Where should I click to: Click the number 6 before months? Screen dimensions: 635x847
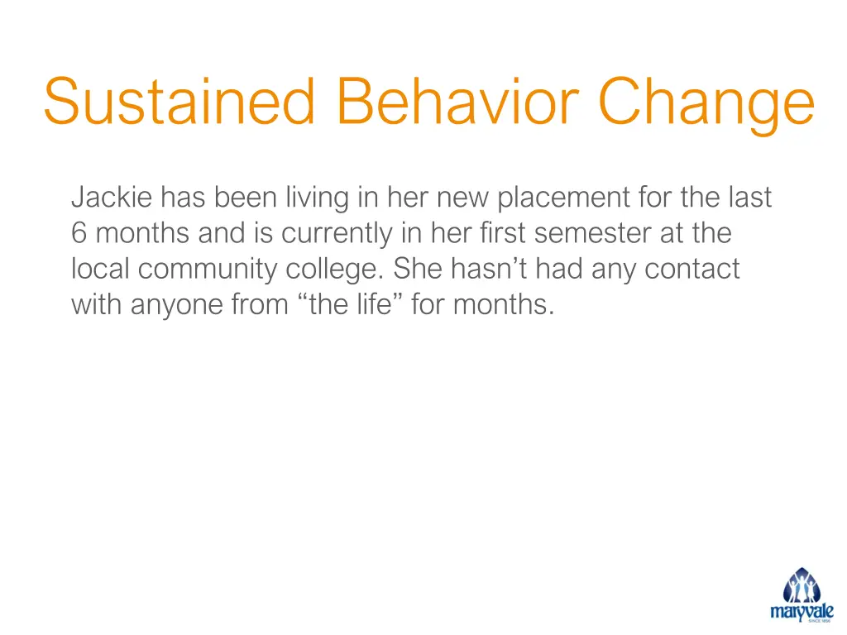(x=79, y=234)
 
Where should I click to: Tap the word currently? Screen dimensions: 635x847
(x=337, y=234)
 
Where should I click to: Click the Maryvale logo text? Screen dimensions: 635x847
(x=801, y=613)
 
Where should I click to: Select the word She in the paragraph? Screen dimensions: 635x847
(x=419, y=270)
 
